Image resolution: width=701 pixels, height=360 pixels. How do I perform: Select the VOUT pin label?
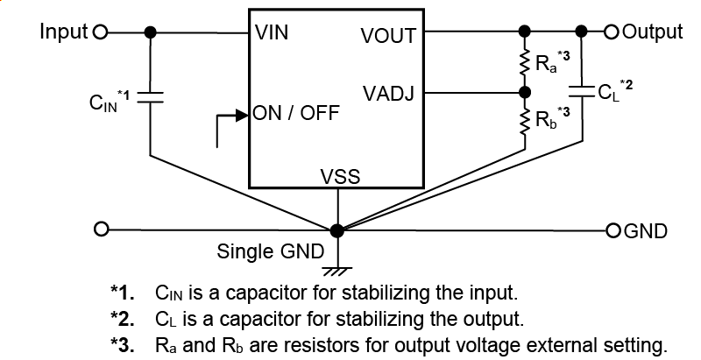point(388,36)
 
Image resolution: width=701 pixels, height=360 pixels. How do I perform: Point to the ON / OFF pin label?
point(296,114)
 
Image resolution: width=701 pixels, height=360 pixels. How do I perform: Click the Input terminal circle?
point(99,32)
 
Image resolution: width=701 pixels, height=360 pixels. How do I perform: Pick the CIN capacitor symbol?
point(151,95)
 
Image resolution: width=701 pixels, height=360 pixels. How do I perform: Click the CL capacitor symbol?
point(579,89)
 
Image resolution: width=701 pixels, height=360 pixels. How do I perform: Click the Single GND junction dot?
point(337,230)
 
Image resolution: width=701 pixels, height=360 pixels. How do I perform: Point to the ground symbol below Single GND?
point(337,267)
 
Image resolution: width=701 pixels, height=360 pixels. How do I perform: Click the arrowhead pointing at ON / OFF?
point(244,114)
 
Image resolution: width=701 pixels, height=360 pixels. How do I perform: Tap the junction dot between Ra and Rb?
point(525,92)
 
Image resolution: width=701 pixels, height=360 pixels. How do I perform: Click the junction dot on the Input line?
point(151,32)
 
